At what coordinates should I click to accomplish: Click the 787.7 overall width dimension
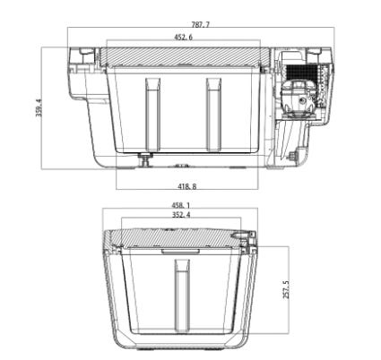pos(200,24)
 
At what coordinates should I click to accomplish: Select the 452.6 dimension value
pos(184,37)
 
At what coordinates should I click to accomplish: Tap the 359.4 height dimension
pos(39,107)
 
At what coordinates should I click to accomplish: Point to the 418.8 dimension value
pos(187,186)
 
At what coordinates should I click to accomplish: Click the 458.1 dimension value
pos(181,205)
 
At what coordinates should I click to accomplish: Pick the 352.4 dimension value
pos(181,215)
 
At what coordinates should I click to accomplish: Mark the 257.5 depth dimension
pos(286,289)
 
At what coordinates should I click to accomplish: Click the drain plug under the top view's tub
pos(145,159)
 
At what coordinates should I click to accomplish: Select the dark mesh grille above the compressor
pos(301,72)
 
